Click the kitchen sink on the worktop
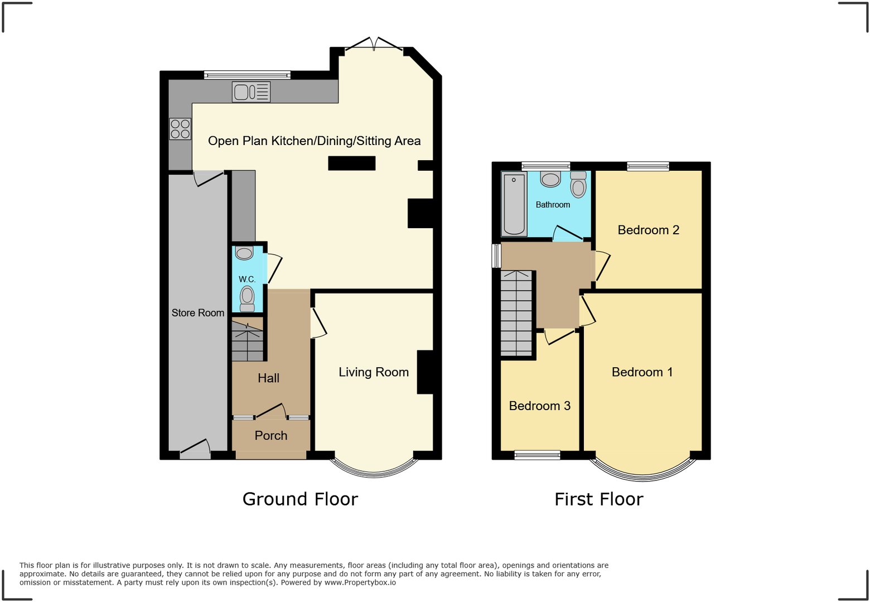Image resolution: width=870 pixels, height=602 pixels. [251, 92]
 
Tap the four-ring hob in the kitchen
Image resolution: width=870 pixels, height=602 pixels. [180, 129]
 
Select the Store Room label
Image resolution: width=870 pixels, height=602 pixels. [198, 313]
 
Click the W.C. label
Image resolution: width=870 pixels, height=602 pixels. [247, 279]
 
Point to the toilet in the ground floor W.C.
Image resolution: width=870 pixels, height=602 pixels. [247, 298]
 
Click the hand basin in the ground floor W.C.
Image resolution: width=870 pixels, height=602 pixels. [244, 253]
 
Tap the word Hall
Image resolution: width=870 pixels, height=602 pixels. [268, 378]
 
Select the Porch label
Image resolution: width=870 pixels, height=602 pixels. [271, 436]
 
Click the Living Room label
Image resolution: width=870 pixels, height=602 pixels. [374, 372]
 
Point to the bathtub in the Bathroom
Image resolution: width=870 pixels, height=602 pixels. [514, 204]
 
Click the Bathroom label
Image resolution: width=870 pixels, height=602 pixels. [553, 205]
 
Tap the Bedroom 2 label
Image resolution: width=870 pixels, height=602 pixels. [648, 230]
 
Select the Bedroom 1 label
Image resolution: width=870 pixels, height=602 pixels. [642, 372]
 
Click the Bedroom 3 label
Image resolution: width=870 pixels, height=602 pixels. [539, 406]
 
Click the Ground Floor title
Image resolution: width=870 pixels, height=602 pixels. [300, 499]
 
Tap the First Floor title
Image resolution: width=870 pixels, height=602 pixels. [598, 499]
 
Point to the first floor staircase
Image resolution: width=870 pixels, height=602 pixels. [516, 314]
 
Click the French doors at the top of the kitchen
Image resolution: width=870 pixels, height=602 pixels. [374, 45]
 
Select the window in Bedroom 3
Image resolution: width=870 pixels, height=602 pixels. [537, 455]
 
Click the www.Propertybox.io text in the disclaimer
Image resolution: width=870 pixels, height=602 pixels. [360, 582]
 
